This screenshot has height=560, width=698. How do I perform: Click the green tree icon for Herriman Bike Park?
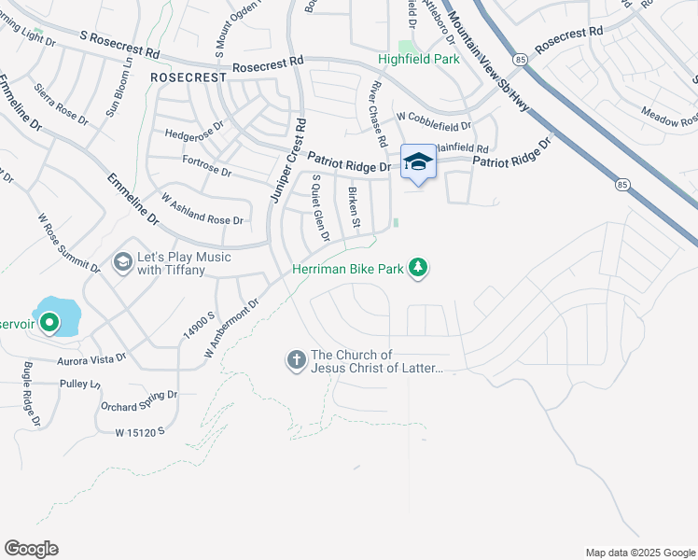click(420, 269)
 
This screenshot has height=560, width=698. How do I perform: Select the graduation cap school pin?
click(418, 161)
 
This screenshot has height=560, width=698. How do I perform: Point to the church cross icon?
click(297, 360)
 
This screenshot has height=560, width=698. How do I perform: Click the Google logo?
click(31, 549)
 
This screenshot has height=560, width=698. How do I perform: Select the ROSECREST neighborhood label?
click(188, 78)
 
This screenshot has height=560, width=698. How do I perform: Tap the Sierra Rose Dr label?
click(61, 105)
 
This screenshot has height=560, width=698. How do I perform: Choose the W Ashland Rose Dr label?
click(202, 210)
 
